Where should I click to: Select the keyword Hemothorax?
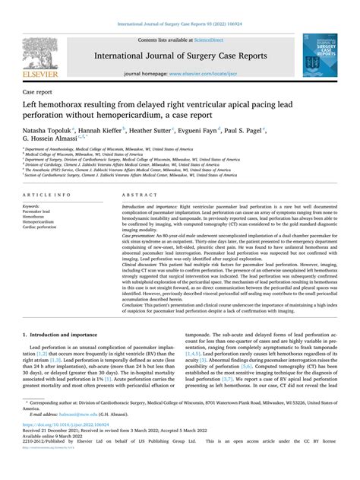tap(43, 217)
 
